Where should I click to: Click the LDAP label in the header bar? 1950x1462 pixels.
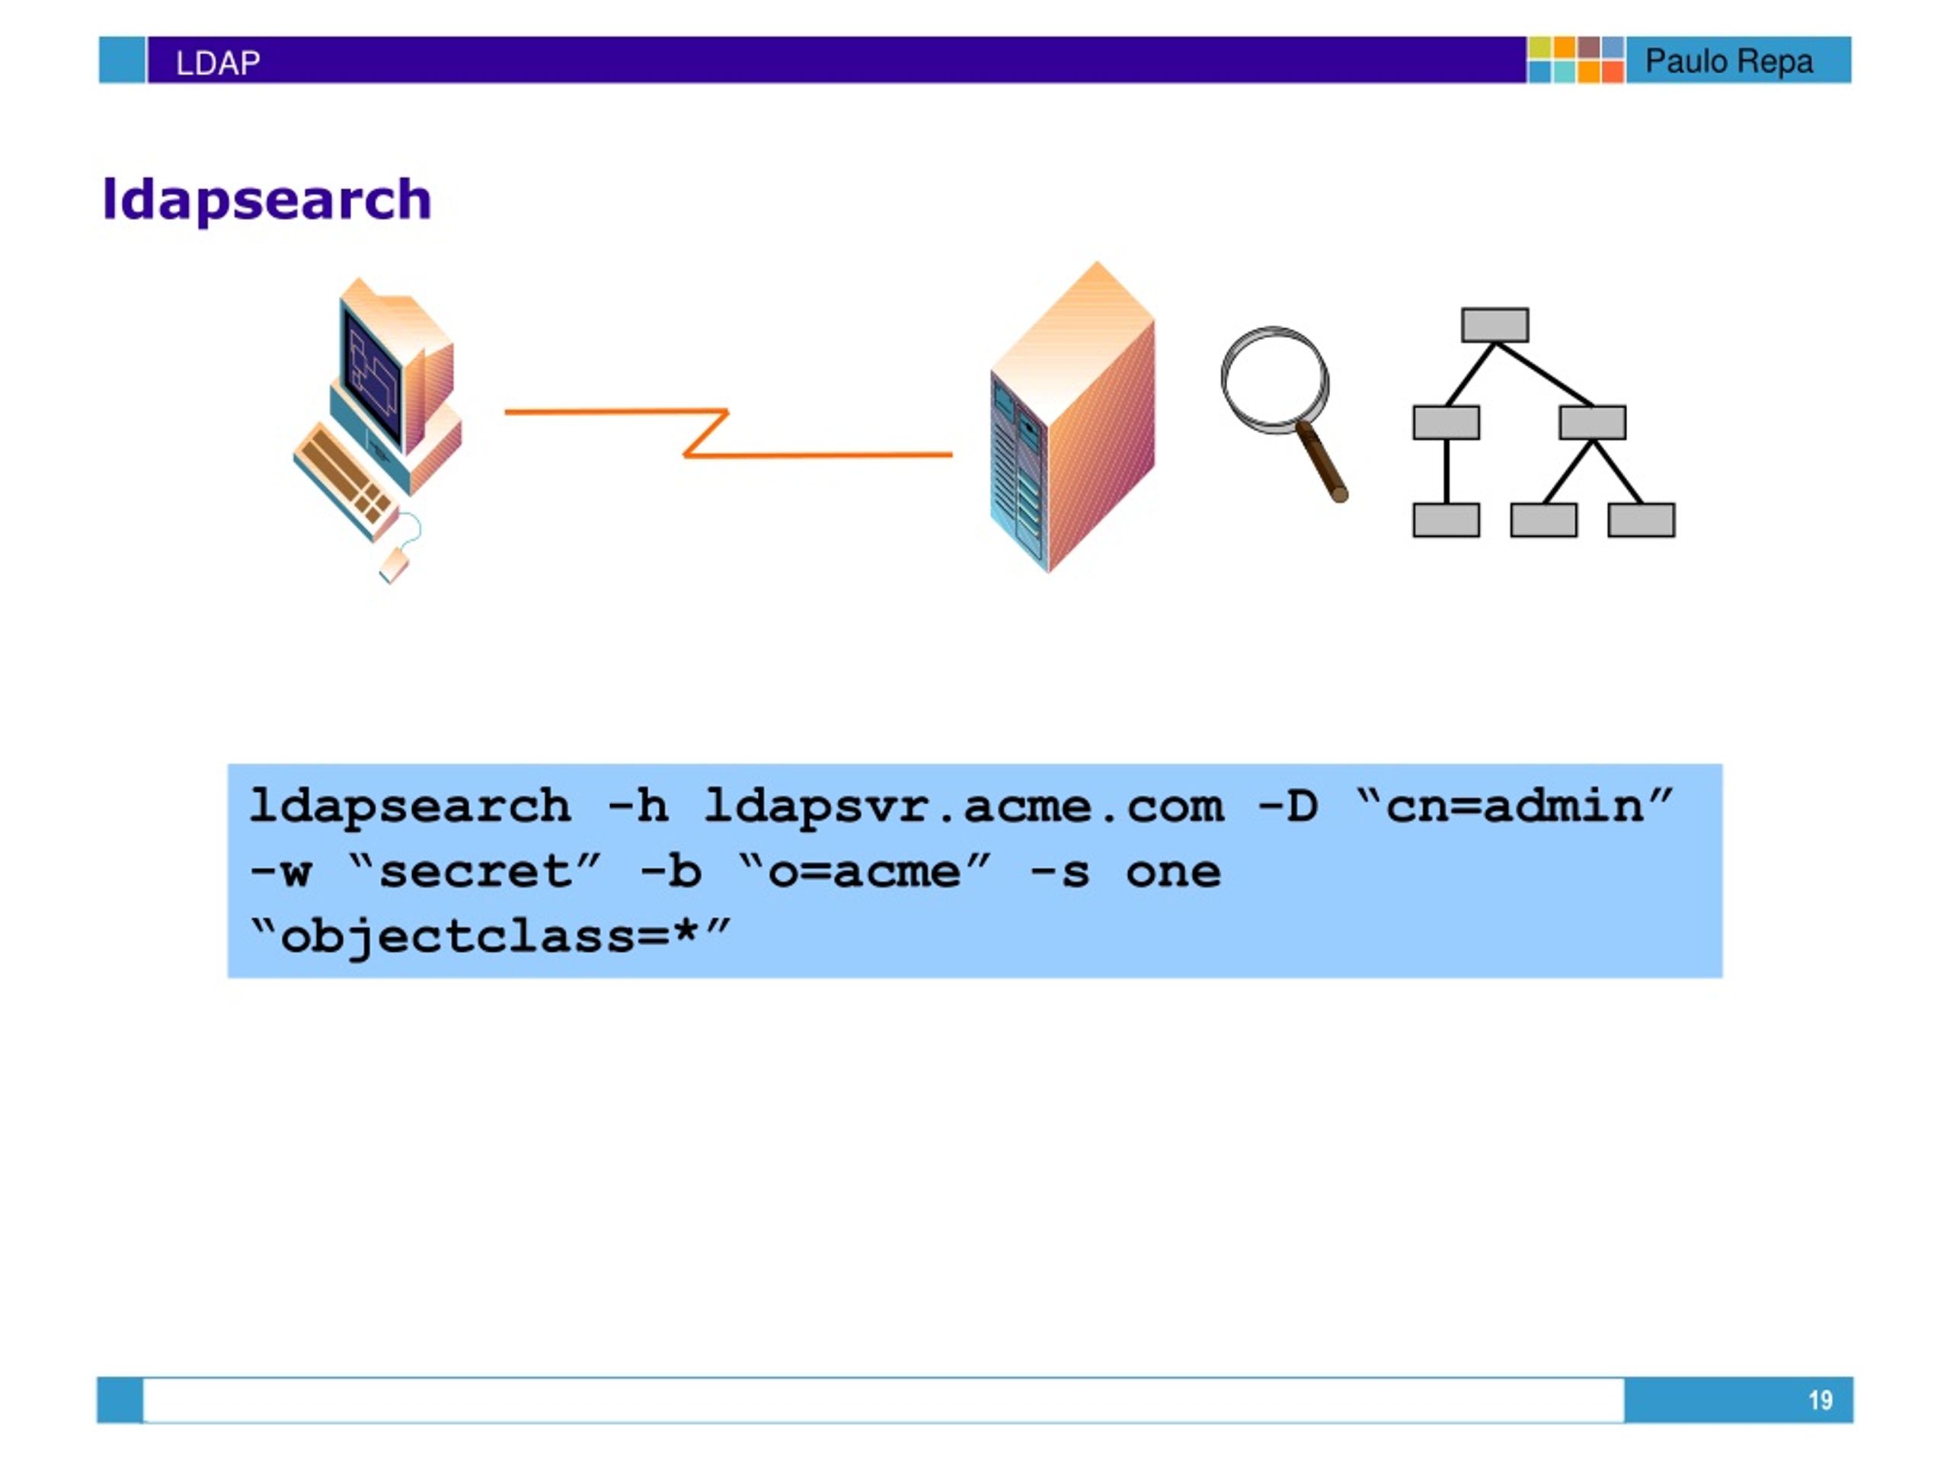[x=218, y=63]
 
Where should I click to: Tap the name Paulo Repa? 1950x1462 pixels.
[x=1729, y=62]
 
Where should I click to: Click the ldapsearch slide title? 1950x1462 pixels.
[x=267, y=200]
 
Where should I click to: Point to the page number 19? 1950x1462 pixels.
[x=1821, y=1400]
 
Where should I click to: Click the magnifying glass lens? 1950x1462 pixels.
[x=1274, y=380]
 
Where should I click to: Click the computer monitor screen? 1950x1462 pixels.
[x=373, y=375]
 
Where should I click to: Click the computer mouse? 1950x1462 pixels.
[x=394, y=565]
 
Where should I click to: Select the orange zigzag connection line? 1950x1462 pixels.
[x=728, y=433]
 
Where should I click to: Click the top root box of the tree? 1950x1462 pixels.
[x=1495, y=325]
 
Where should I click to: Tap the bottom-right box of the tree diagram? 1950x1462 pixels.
[x=1642, y=520]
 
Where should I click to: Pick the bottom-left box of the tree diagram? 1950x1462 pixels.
[x=1446, y=520]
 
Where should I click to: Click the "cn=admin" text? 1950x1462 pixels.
[x=1514, y=806]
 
